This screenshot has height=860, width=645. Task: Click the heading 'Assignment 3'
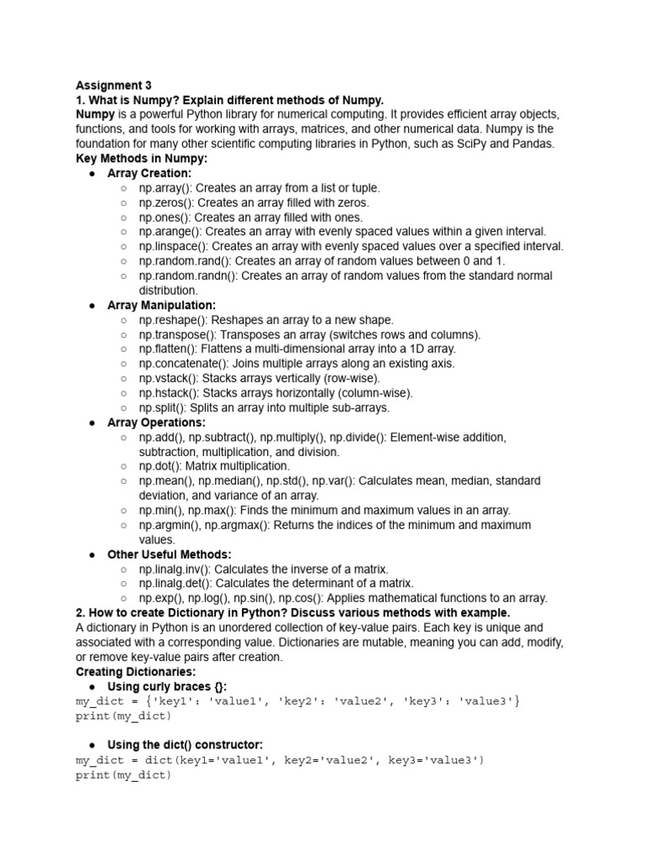click(114, 86)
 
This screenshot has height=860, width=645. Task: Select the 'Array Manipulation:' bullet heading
click(161, 305)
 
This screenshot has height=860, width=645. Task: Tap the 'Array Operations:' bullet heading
click(156, 422)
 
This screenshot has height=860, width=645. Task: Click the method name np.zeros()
click(166, 202)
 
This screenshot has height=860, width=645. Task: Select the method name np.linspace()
click(173, 246)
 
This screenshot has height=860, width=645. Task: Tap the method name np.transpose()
click(176, 334)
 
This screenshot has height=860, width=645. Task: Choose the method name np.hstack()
click(170, 393)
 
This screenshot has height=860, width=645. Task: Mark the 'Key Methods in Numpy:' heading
click(141, 159)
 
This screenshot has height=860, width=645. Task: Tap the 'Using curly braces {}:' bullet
click(167, 686)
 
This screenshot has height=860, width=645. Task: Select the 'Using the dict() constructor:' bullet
click(186, 745)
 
